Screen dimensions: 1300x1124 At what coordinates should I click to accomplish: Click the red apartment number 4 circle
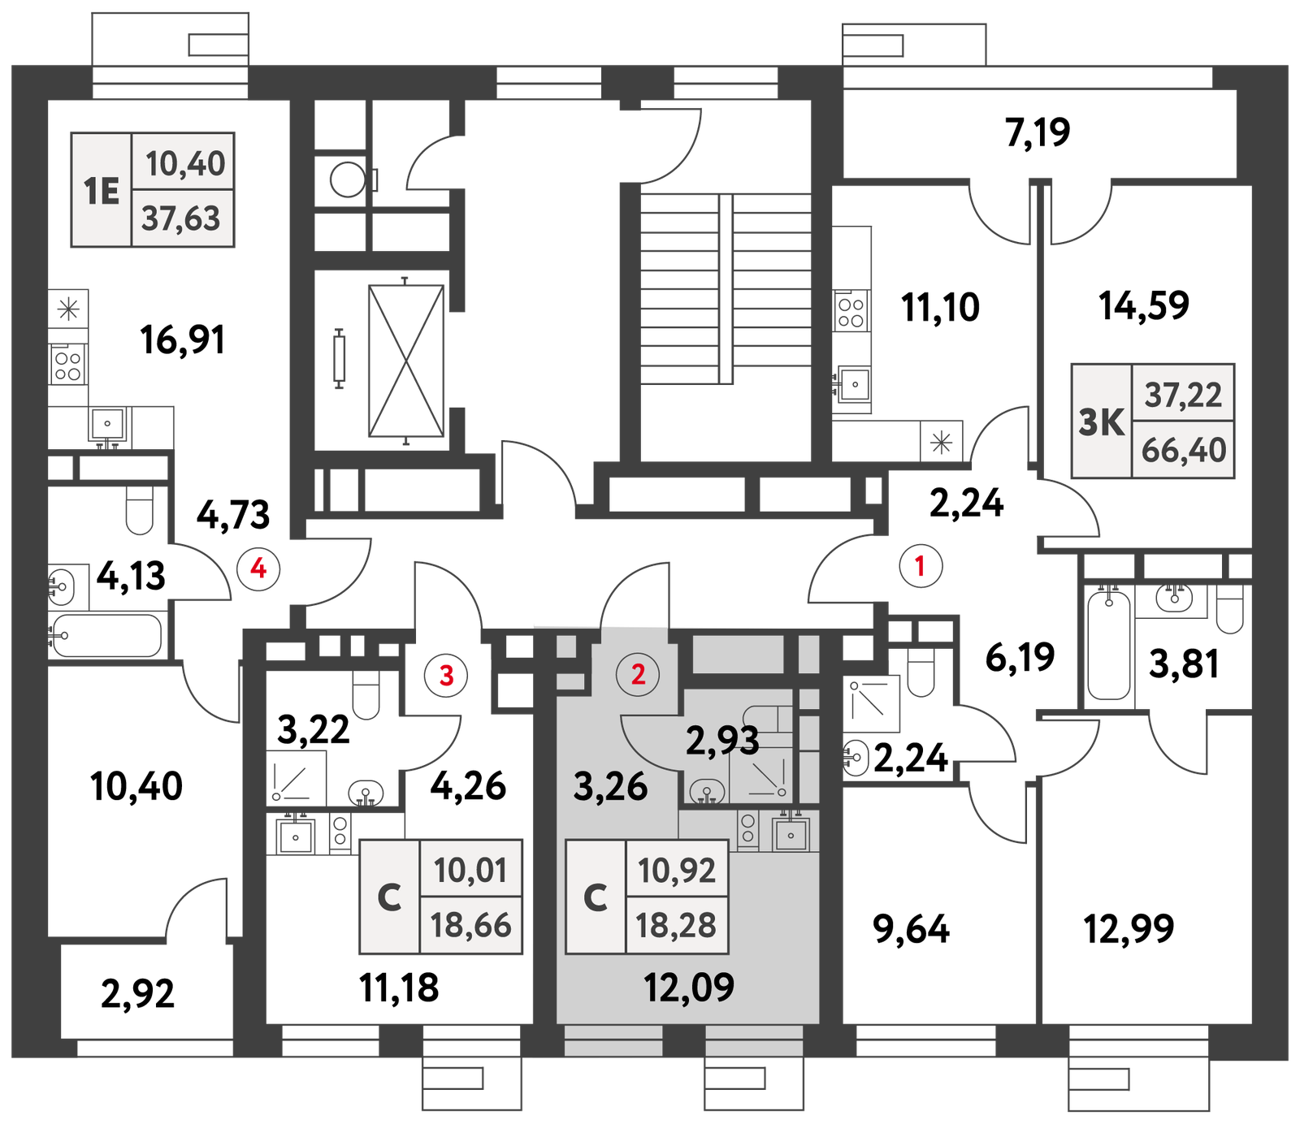click(258, 568)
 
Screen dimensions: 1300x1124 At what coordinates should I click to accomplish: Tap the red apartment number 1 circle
click(921, 565)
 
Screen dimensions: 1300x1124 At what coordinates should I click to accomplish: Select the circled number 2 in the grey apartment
click(638, 674)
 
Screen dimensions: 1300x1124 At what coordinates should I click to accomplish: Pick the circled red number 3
click(446, 674)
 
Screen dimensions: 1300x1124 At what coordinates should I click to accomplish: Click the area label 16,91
click(182, 339)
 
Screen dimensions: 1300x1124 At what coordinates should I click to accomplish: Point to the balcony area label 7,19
click(1038, 132)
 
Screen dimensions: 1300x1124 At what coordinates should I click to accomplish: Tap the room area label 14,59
click(1143, 305)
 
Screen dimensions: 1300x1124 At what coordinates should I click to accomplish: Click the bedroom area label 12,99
click(1129, 928)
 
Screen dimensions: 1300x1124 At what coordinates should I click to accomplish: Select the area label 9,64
click(911, 929)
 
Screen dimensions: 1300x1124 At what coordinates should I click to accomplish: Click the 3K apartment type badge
click(1102, 421)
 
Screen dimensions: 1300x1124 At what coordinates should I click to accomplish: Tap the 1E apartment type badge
click(102, 191)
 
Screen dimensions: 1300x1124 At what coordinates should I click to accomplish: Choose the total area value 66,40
click(1183, 450)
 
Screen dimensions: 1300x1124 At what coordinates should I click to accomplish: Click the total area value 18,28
click(676, 925)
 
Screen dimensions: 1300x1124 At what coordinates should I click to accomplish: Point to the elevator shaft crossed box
click(406, 361)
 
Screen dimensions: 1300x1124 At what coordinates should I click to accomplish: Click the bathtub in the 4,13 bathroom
click(106, 635)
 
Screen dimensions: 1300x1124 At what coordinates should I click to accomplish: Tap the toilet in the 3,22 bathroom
click(366, 695)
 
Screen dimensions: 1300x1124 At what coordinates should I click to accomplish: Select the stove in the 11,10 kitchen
click(851, 311)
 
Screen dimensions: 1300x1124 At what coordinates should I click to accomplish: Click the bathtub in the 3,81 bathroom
click(1109, 645)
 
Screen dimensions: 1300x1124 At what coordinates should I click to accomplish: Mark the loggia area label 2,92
click(137, 994)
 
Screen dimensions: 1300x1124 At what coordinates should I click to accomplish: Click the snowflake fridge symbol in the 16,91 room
click(68, 309)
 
